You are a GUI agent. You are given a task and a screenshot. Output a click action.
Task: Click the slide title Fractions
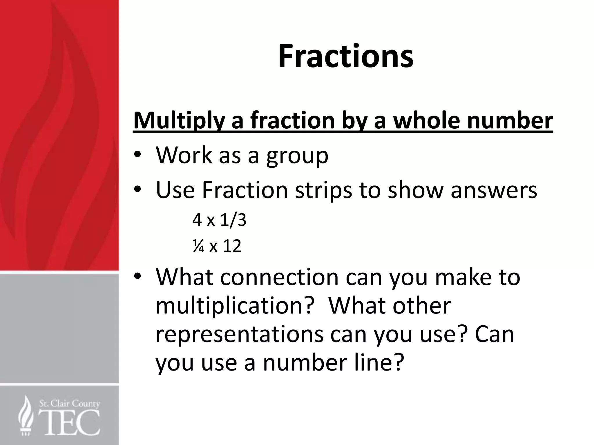(x=345, y=56)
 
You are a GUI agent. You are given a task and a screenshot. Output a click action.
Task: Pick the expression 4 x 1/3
(x=219, y=220)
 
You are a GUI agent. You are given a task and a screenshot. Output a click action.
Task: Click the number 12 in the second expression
(x=232, y=246)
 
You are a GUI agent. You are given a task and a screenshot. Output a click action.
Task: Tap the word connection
(x=279, y=277)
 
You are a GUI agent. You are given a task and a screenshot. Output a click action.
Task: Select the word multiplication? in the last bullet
(x=235, y=306)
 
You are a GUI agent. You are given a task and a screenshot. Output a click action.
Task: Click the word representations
(x=239, y=334)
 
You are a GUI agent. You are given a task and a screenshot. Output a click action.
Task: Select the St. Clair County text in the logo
(x=69, y=404)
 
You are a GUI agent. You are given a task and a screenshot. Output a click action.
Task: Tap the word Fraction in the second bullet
(x=245, y=190)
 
